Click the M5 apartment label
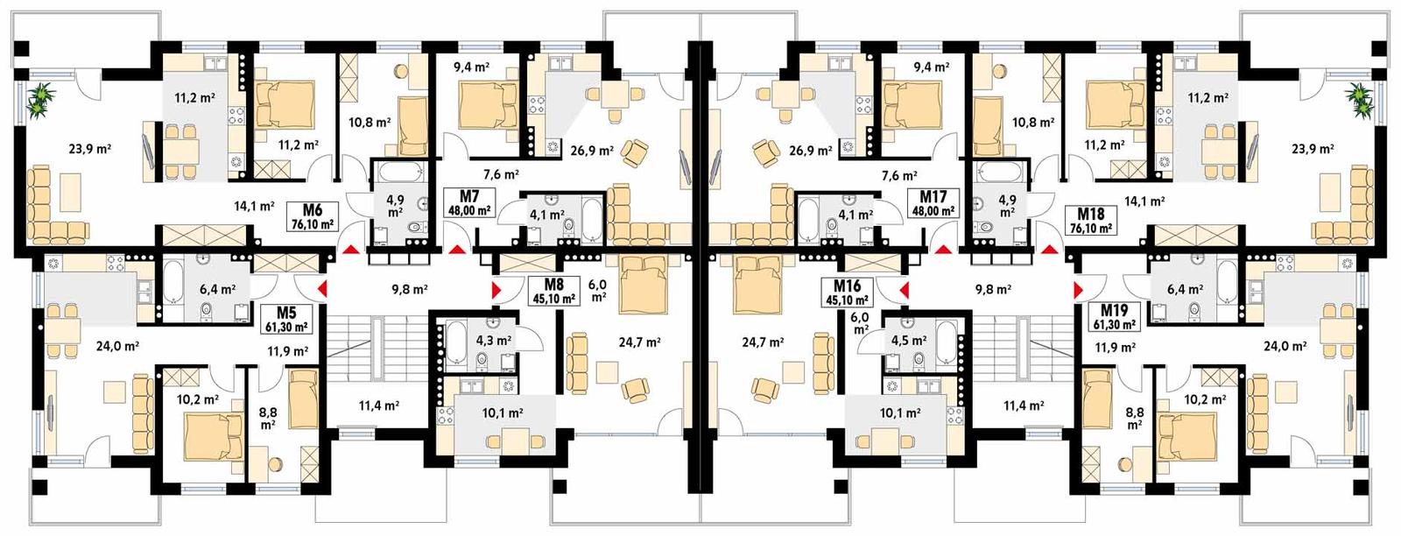pyautogui.click(x=286, y=313)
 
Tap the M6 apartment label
pyautogui.click(x=313, y=209)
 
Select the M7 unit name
pyautogui.click(x=468, y=195)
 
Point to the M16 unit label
pyautogui.click(x=847, y=286)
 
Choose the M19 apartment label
pyautogui.click(x=1114, y=310)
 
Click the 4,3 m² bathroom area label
pyautogui.click(x=494, y=340)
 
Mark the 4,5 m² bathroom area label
pyautogui.click(x=909, y=340)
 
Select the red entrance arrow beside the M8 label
pyautogui.click(x=496, y=290)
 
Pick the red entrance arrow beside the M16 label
pyautogui.click(x=905, y=290)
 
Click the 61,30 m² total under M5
pyautogui.click(x=286, y=327)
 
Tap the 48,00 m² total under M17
pyautogui.click(x=933, y=211)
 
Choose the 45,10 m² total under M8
pyautogui.click(x=553, y=298)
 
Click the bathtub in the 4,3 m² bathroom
pyautogui.click(x=456, y=337)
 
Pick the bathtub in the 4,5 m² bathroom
pyautogui.click(x=945, y=337)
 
